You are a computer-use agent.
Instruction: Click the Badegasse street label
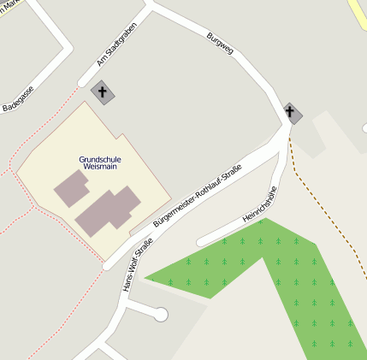pyautogui.click(x=18, y=99)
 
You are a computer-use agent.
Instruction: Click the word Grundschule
pyautogui.click(x=99, y=159)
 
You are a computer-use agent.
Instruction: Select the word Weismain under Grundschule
pyautogui.click(x=99, y=168)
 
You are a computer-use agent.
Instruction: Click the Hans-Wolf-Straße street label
pyautogui.click(x=138, y=267)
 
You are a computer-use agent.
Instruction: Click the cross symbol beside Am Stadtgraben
pyautogui.click(x=102, y=91)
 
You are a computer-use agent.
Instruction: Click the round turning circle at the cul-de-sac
pyautogui.click(x=160, y=315)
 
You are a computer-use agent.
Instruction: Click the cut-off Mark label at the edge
pyautogui.click(x=10, y=4)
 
